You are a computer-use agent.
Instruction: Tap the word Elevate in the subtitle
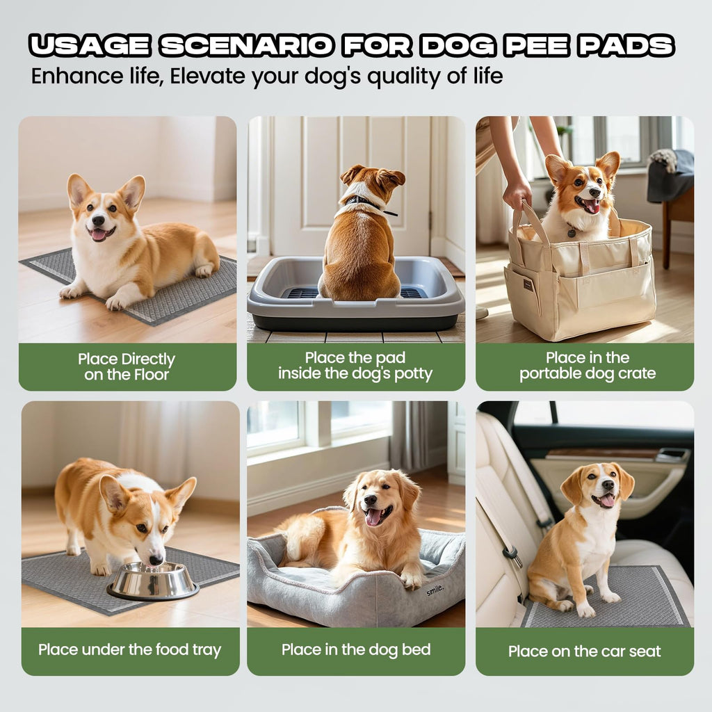point(207,76)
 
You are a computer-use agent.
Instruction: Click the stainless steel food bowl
point(153,581)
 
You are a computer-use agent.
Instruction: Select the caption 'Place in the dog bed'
point(356,650)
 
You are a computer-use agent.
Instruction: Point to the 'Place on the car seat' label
point(584,651)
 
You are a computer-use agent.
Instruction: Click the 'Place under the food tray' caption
point(129,650)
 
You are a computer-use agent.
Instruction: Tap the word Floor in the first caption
point(151,375)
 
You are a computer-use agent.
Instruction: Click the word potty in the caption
point(413,373)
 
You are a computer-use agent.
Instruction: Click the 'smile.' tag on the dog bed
point(435,590)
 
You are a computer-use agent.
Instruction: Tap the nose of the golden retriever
point(370,500)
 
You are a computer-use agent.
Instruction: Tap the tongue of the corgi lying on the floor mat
point(98,235)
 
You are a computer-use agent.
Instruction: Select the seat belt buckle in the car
point(512,555)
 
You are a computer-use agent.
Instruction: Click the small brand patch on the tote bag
point(528,284)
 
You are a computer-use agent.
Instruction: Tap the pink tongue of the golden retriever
point(373,517)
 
